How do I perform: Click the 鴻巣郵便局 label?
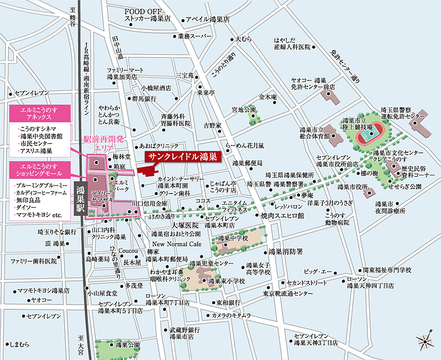[248, 163]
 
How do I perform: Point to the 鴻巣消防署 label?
[285, 251]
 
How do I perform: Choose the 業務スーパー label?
[195, 36]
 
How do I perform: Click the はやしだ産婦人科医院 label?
[292, 44]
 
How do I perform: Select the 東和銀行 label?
[228, 302]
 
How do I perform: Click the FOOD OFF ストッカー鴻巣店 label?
[147, 15]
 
